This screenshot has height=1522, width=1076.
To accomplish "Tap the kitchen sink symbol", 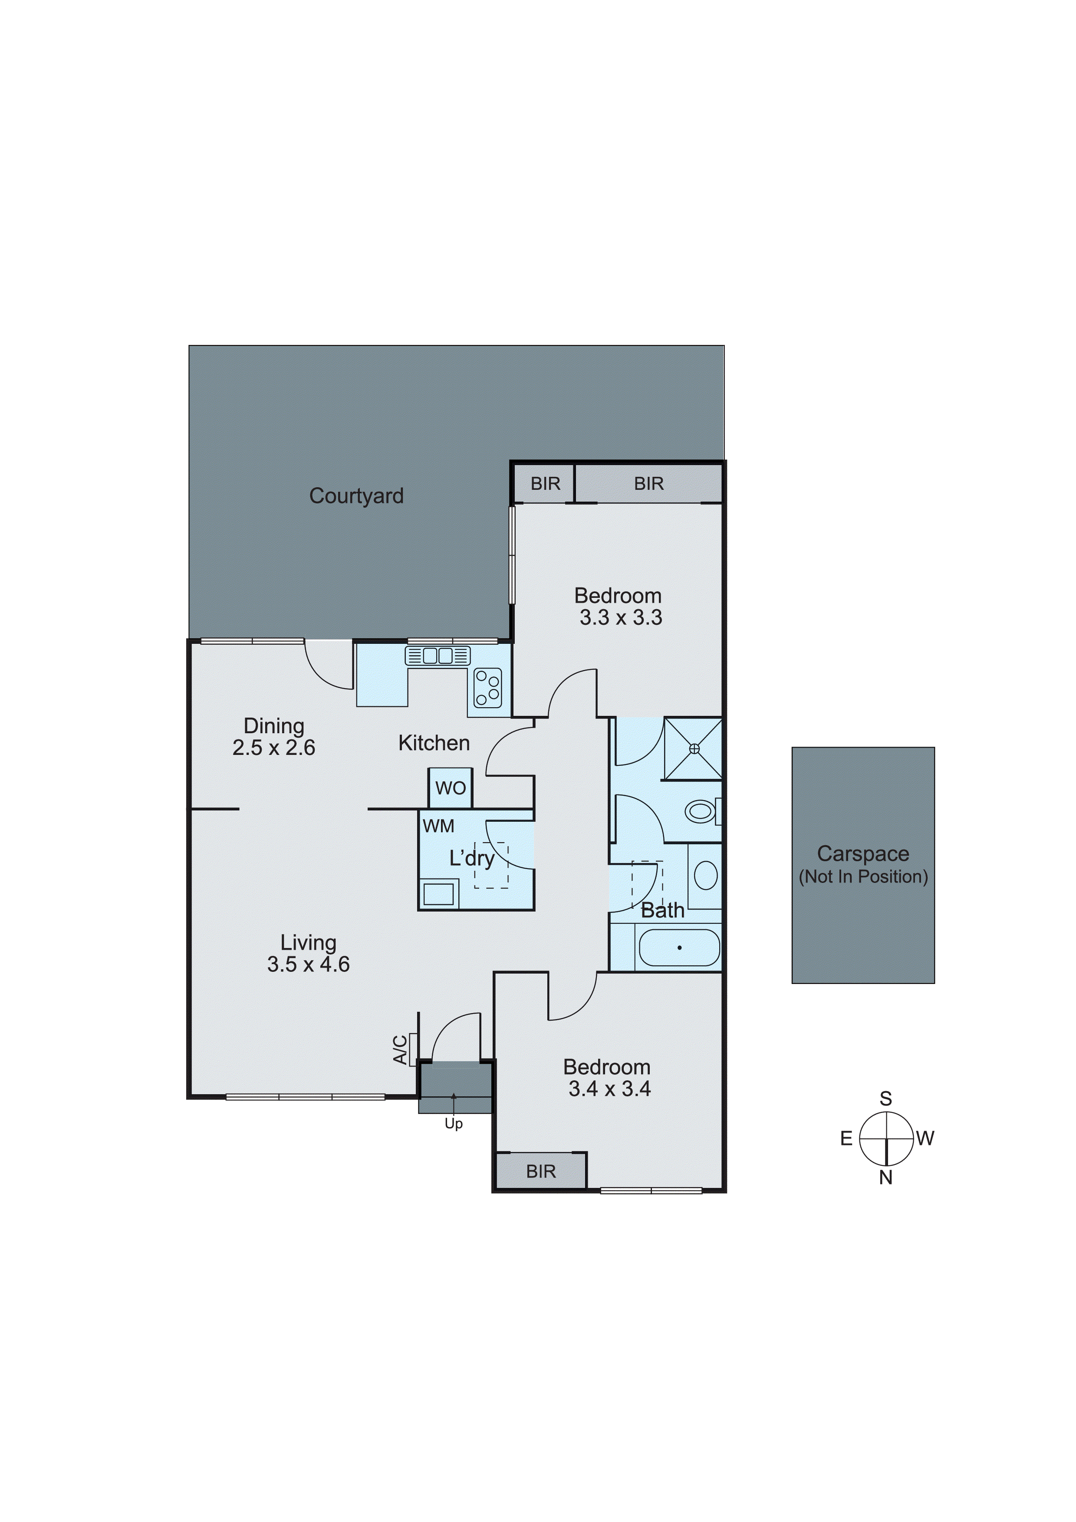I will [438, 656].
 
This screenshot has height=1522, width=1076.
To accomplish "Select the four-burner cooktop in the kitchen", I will [488, 688].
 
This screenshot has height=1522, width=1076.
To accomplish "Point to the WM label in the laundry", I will [438, 826].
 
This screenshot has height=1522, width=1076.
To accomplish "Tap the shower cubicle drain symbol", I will [694, 748].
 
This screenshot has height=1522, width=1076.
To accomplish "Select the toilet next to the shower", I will [701, 811].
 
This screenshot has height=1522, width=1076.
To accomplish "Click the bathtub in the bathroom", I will [679, 947].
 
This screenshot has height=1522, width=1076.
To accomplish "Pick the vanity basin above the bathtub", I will [705, 875].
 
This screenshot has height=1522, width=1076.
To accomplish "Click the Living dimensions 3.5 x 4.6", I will [308, 964].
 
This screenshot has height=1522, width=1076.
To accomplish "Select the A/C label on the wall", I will [401, 1050].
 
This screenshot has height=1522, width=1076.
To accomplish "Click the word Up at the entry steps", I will [454, 1124].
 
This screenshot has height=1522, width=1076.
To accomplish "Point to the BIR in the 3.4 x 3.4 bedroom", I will [541, 1171].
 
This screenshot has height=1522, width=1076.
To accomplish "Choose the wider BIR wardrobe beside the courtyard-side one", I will [648, 484].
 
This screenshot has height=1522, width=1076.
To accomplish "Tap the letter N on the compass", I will [886, 1178].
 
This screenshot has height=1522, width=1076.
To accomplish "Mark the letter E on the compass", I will [846, 1138].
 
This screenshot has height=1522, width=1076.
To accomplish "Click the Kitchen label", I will [434, 743].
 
